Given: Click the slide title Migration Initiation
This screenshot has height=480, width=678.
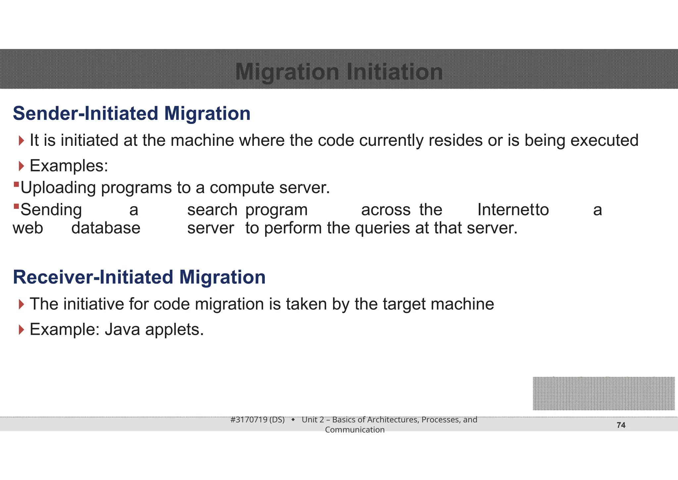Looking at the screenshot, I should click(x=339, y=72).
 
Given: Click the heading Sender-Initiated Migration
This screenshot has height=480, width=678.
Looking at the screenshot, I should click(x=131, y=113).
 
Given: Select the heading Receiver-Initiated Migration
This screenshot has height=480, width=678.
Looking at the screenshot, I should click(x=139, y=277).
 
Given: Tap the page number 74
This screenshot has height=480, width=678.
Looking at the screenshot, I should click(x=621, y=425).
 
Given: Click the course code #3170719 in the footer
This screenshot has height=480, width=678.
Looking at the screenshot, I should click(x=249, y=420).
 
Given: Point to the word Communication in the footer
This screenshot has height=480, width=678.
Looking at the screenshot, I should click(x=355, y=430).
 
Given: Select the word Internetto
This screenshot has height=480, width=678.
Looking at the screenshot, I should click(x=513, y=210).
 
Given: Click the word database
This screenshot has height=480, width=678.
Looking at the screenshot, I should click(x=106, y=228).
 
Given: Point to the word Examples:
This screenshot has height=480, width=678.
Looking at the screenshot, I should click(x=69, y=166).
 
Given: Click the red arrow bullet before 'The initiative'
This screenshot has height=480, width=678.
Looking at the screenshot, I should click(x=22, y=304).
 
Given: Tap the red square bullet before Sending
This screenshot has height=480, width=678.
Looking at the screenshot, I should click(x=16, y=207).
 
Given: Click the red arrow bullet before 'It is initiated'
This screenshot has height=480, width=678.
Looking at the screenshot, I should click(x=22, y=141).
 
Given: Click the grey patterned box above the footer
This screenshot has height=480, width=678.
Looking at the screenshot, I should click(x=604, y=393).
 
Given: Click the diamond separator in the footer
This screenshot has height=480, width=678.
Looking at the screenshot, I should click(x=293, y=420).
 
